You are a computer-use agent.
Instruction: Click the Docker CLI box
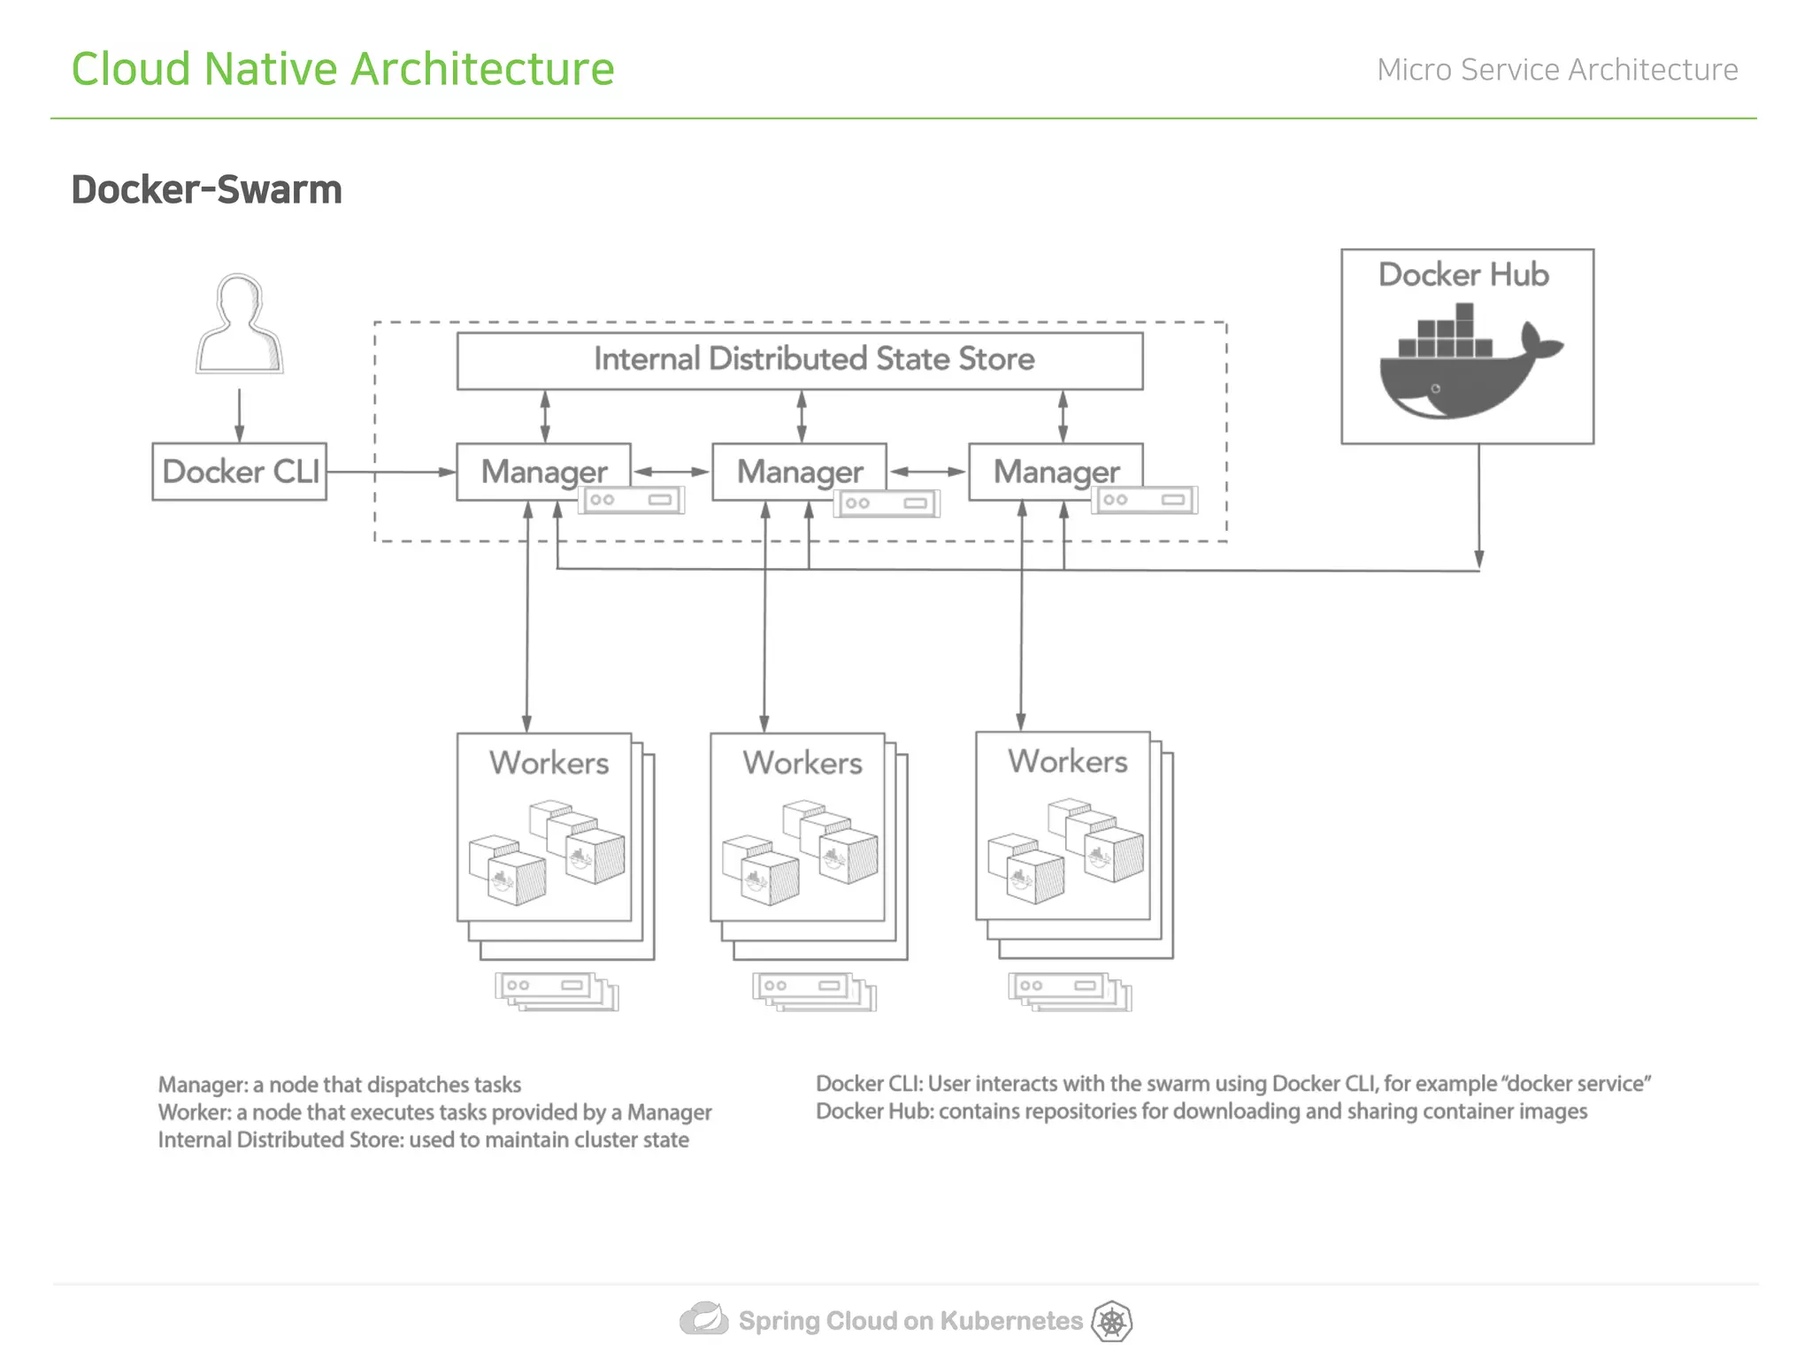point(239,472)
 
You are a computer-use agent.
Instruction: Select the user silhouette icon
point(239,325)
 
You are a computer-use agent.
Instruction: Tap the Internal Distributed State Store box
point(799,360)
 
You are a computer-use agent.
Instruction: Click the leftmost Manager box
point(543,472)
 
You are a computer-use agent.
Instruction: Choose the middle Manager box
point(799,472)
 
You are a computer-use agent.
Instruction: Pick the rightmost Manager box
point(1056,472)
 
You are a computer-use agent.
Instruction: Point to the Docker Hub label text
point(1463,275)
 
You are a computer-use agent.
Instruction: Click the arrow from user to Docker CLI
point(239,415)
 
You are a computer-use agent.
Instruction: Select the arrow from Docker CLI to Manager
point(390,472)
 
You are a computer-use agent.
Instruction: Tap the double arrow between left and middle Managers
point(672,472)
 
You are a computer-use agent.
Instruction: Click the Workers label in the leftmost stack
point(549,763)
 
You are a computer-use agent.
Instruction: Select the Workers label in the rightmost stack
point(1067,761)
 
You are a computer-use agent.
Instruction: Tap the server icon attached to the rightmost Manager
point(1145,500)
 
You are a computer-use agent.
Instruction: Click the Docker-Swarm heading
point(206,190)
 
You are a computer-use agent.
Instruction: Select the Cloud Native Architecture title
point(342,69)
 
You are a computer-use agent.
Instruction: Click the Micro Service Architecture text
point(1557,70)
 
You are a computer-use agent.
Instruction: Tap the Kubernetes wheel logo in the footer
point(1112,1322)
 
